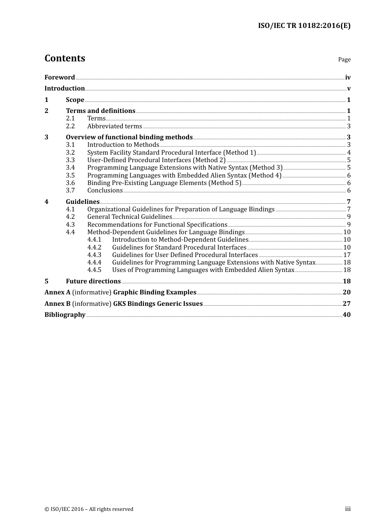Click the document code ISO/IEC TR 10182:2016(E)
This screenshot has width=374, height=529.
coord(304,26)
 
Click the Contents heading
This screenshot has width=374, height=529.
coord(65,58)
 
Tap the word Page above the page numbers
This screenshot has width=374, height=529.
coord(344,59)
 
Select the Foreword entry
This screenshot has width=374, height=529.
coord(59,78)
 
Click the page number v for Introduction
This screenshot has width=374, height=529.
coord(348,89)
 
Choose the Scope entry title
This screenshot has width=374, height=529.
coord(75,100)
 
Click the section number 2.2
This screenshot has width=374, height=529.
coord(70,126)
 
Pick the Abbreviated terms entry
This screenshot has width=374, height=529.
coord(115,126)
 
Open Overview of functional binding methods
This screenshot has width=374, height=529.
coord(129,137)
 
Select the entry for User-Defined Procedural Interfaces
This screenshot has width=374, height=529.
coord(156,160)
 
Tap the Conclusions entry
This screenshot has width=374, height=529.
coord(105,191)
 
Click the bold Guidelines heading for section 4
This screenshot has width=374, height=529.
coord(83,202)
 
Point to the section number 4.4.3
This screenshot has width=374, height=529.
coord(94,255)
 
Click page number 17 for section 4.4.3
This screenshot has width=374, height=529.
coord(347,255)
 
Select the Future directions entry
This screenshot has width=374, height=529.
coord(93,281)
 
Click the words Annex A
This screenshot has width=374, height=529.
coord(57,292)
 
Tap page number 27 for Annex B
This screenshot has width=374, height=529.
coord(346,304)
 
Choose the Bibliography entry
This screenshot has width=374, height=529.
coord(65,315)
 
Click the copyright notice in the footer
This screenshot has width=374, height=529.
coord(89,509)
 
